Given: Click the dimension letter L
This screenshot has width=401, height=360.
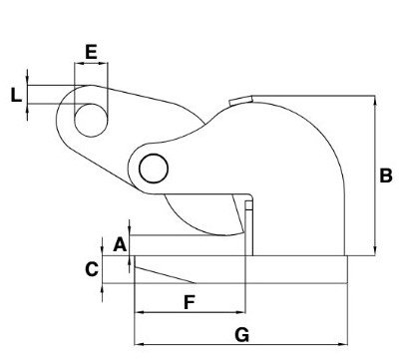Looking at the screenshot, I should pos(15,96).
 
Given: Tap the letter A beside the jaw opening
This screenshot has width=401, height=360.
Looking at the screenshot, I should pos(119,243).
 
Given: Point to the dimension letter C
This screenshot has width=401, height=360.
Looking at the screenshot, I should pos(91,268).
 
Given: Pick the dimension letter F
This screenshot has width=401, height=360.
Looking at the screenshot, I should pos(188,300).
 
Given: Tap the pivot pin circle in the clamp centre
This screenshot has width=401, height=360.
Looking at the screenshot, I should pos(153,169).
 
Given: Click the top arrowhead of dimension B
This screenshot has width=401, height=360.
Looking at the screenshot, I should pos(374,101).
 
